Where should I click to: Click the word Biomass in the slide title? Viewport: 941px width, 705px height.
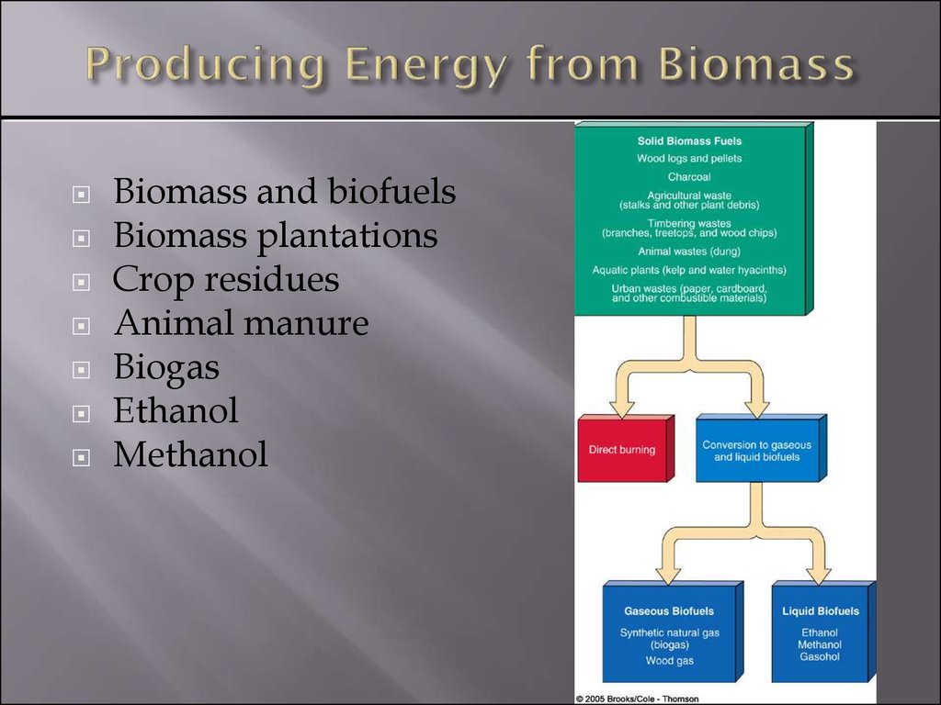click(x=755, y=64)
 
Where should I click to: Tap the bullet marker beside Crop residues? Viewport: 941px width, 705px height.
click(x=81, y=282)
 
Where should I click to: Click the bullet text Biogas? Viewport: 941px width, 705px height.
click(x=166, y=367)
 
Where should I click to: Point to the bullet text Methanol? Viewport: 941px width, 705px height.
click(x=191, y=453)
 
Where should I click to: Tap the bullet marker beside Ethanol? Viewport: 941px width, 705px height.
click(x=81, y=414)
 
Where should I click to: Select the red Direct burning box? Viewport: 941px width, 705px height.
click(x=625, y=448)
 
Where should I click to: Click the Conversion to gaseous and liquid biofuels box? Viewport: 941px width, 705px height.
click(x=760, y=448)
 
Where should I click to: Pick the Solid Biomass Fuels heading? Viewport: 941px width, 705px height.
click(x=689, y=141)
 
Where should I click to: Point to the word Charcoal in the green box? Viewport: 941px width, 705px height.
click(x=689, y=177)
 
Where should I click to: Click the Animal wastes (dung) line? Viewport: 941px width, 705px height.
click(x=689, y=252)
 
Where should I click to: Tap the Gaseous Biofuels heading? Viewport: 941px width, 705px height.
click(x=669, y=610)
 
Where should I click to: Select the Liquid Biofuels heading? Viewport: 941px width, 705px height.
click(x=821, y=610)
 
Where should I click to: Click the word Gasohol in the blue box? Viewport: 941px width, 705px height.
click(x=820, y=657)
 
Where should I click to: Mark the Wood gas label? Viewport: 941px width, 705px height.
click(x=669, y=661)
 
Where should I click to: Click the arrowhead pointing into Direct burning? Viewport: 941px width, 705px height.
click(x=622, y=408)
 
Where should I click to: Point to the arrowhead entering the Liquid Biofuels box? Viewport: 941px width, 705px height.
click(x=818, y=575)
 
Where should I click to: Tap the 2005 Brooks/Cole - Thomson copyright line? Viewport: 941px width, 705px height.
click(x=637, y=699)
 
